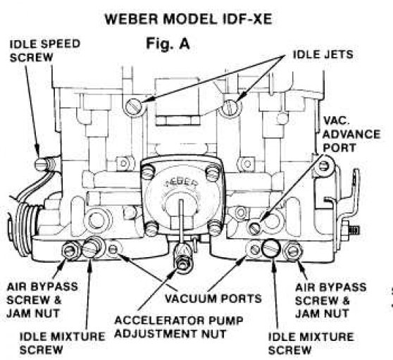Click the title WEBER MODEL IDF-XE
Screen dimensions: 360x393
pyautogui.click(x=196, y=18)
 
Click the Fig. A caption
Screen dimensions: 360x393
pyautogui.click(x=170, y=44)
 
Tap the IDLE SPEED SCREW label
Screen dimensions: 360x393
pyautogui.click(x=44, y=50)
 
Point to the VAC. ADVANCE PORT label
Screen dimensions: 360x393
pyautogui.click(x=342, y=135)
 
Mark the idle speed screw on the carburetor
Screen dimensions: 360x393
pyautogui.click(x=42, y=163)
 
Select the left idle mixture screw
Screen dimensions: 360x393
pyautogui.click(x=91, y=248)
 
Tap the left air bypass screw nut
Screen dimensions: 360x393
pyautogui.click(x=70, y=249)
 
